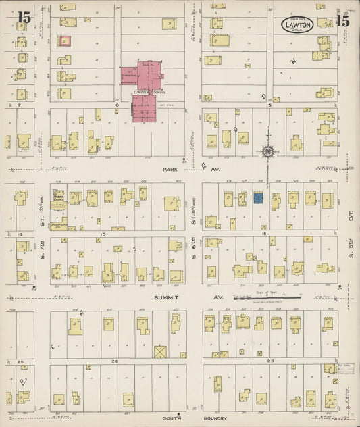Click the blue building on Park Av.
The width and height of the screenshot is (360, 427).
pyautogui.click(x=258, y=198)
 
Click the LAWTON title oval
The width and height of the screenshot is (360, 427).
pyautogui.click(x=299, y=25)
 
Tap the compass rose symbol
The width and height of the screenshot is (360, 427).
pyautogui.click(x=269, y=151)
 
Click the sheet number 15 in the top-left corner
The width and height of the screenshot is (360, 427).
pyautogui.click(x=24, y=19)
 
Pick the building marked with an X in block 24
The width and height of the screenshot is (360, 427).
pyautogui.click(x=160, y=351)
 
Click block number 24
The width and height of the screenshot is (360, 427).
pyautogui.click(x=115, y=362)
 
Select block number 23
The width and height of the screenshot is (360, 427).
pyautogui.click(x=270, y=362)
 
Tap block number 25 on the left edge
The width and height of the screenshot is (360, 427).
pyautogui.click(x=20, y=362)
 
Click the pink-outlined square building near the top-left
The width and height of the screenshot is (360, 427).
pyautogui.click(x=65, y=41)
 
